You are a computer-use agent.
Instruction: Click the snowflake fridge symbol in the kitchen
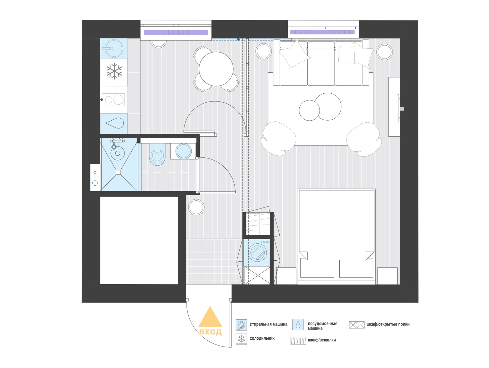[114, 71]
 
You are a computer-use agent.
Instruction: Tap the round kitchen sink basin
[114, 48]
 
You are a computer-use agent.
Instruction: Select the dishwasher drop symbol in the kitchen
[115, 123]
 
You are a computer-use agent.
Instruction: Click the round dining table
[216, 69]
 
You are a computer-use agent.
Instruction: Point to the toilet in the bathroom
[157, 154]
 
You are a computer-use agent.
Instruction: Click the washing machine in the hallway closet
[257, 252]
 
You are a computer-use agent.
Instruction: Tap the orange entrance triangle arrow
[210, 317]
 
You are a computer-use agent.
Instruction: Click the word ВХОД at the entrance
[210, 332]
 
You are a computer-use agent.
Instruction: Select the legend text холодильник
[262, 338]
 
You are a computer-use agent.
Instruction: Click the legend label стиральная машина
[268, 324]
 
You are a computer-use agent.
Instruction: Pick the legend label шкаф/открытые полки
[388, 324]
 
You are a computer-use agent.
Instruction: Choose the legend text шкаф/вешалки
[322, 340]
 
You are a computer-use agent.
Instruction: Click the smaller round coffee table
[309, 110]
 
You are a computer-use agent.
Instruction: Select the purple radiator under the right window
[322, 32]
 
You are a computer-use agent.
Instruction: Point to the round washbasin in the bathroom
[118, 153]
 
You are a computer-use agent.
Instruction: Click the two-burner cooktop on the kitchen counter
[113, 99]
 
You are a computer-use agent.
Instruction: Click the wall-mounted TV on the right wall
[398, 108]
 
